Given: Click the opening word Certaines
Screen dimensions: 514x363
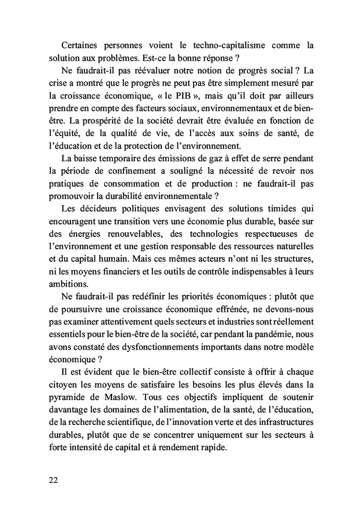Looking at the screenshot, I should [81, 45].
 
